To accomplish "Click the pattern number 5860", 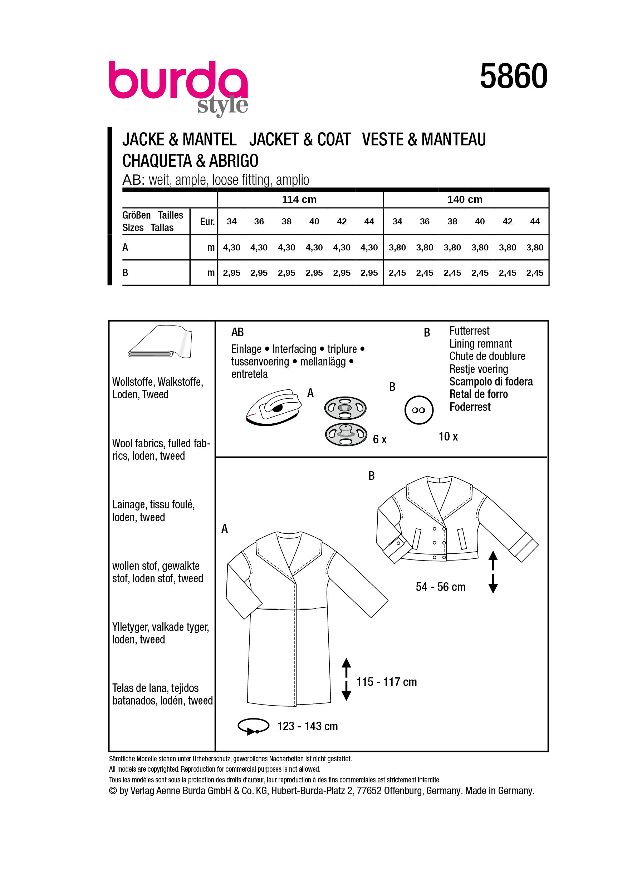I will pos(513,76).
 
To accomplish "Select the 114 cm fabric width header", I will pos(299,200).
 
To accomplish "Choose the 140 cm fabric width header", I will pos(465,200).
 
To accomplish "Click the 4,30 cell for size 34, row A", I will pos(231,248).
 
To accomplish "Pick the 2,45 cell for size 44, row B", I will pos(534,273).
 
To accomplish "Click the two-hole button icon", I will pos(418,410).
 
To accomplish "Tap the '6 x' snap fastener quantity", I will pos(379,439).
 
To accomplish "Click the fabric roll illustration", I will pos(160,342).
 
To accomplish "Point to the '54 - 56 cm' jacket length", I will pos(440,587).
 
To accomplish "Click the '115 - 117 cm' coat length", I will pos(386,682).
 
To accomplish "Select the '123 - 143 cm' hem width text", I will pos(307,726).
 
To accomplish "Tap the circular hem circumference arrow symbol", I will pos(253,726).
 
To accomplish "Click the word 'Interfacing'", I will pos(294,349).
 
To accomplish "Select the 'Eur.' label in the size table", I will pos(207,222).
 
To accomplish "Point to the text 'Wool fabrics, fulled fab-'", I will pos(161,443).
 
